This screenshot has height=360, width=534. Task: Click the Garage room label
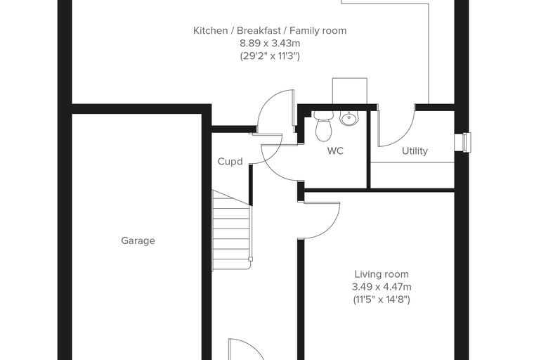pos(138,241)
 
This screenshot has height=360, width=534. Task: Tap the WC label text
pos(335,150)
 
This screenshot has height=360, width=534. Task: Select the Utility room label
pos(415,151)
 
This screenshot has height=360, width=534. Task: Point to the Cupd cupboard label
pos(230,161)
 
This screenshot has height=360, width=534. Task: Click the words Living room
pos(382,274)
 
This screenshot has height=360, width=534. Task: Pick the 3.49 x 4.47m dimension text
pos(382,287)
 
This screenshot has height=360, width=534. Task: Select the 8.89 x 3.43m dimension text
pos(270,44)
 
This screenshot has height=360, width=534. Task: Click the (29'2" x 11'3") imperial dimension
pos(270,56)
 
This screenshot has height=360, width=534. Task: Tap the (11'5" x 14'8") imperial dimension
pos(382,300)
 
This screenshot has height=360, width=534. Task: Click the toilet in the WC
pos(323,125)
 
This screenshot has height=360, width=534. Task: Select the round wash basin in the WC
pos(349,118)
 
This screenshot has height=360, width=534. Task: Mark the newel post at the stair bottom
pos(251,259)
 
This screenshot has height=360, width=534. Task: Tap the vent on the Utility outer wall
pos(463,142)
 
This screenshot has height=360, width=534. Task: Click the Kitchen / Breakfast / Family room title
pos(270,31)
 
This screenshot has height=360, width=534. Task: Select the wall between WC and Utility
pos(368,149)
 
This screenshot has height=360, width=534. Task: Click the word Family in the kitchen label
pos(303,31)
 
